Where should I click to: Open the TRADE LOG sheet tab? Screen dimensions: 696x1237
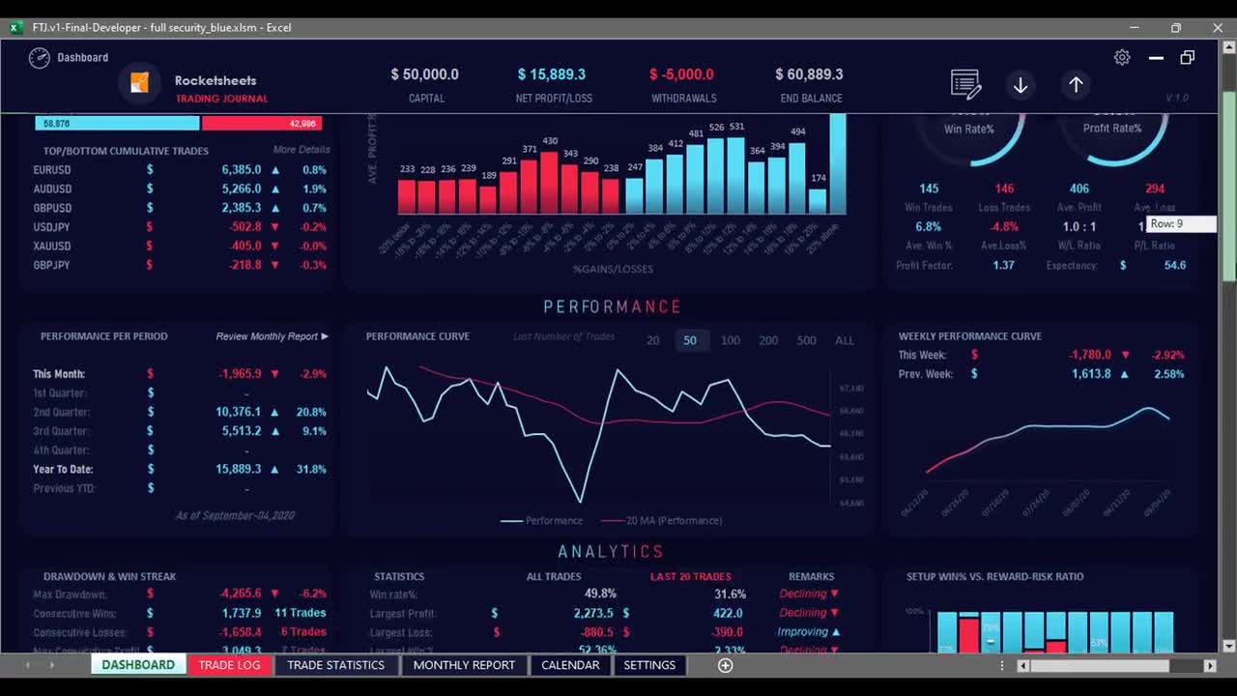[x=229, y=665]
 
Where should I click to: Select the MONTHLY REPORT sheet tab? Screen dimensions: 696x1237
[x=464, y=665]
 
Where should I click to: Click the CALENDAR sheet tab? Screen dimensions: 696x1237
[x=570, y=665]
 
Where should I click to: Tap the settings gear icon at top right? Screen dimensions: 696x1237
[x=1122, y=58]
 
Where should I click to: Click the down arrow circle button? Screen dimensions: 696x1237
[x=1021, y=85]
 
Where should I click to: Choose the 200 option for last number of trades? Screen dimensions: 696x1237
[x=768, y=340]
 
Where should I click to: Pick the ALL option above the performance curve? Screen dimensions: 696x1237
[x=845, y=340]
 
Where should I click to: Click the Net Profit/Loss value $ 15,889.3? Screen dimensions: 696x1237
[x=552, y=74]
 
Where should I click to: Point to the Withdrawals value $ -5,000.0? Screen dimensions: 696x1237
[x=681, y=74]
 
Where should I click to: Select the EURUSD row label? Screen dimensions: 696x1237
[x=52, y=170]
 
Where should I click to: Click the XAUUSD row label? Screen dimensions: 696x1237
[x=52, y=246]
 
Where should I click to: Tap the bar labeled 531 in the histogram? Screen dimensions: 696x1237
[x=736, y=174]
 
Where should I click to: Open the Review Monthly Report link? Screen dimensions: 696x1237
[x=272, y=336]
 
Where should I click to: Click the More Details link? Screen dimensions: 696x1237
[x=301, y=150]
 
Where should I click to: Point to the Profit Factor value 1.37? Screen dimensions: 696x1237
[x=1004, y=265]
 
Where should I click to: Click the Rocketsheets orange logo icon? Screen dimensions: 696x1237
[x=139, y=83]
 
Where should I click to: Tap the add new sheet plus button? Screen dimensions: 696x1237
[x=725, y=665]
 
